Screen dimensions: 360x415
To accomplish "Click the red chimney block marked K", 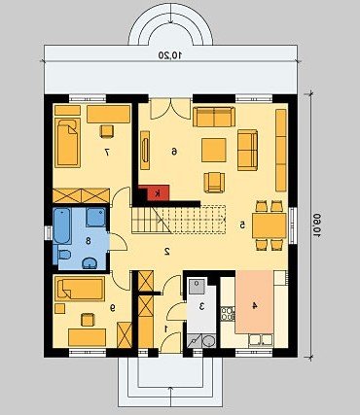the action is click(x=159, y=193).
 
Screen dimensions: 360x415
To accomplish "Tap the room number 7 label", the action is click(x=107, y=152).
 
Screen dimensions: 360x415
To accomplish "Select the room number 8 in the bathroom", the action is click(x=88, y=241).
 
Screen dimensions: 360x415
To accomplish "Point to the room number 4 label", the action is click(x=255, y=305).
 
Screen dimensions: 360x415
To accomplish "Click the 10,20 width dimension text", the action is click(x=170, y=55).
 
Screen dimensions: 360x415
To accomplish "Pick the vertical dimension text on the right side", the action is click(x=315, y=225).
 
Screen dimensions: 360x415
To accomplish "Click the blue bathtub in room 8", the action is click(x=62, y=226).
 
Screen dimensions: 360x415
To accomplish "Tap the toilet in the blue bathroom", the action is click(x=64, y=255).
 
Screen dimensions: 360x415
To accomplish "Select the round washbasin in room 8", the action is click(x=90, y=263).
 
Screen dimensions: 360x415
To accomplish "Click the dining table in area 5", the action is click(x=270, y=225).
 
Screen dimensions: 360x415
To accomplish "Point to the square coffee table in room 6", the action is click(x=214, y=150).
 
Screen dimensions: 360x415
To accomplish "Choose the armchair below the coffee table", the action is click(x=214, y=183).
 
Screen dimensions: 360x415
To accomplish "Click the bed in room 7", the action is click(x=67, y=143).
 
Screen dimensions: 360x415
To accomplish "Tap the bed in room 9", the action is click(x=80, y=289).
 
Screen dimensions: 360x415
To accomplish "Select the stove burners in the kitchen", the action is click(x=228, y=314).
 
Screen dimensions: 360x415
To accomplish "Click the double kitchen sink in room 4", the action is click(x=261, y=340).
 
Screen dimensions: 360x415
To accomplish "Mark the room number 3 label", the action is click(x=201, y=306).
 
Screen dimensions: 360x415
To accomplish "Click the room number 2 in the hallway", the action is click(x=167, y=251).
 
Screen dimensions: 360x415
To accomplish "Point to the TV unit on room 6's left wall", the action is click(x=145, y=150).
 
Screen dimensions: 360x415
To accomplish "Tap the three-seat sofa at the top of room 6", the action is click(x=214, y=117).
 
